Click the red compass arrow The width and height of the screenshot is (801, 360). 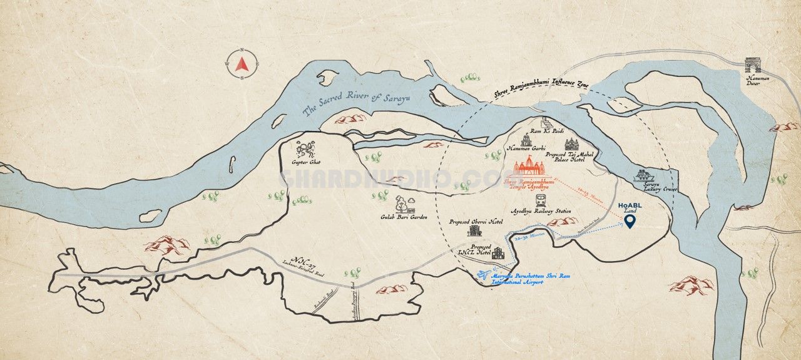(x=242, y=63)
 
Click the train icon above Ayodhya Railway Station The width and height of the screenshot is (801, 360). (x=540, y=201)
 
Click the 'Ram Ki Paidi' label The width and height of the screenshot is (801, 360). (x=543, y=131)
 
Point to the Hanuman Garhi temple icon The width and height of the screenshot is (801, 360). (x=524, y=138)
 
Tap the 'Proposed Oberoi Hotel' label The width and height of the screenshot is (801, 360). (x=476, y=222)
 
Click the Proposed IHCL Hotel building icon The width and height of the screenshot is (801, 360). (x=498, y=252)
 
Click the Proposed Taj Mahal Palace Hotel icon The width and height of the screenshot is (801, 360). (x=572, y=145)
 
